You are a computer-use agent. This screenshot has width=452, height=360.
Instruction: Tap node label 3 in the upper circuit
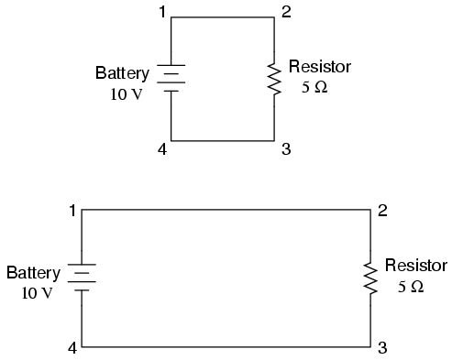(x=285, y=149)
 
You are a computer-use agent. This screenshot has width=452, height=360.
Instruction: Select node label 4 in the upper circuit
(x=162, y=149)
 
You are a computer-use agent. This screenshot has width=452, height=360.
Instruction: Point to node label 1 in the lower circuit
(x=72, y=211)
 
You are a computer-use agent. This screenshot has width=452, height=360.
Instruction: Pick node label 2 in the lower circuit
(x=382, y=211)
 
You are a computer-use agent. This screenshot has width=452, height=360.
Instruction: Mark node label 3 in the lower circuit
(x=382, y=348)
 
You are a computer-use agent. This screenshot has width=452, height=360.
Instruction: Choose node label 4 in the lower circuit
(x=72, y=348)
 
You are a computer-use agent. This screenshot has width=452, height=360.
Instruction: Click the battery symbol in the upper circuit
(x=171, y=79)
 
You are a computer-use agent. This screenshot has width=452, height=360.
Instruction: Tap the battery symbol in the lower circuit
(x=83, y=278)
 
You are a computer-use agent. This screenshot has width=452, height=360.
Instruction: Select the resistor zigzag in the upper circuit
(x=274, y=79)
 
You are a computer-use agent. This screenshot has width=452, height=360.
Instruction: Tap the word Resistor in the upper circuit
(x=319, y=67)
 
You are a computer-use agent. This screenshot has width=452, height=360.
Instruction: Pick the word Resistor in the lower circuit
(x=415, y=266)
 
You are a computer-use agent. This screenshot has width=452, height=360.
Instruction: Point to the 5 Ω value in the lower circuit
(x=411, y=287)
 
